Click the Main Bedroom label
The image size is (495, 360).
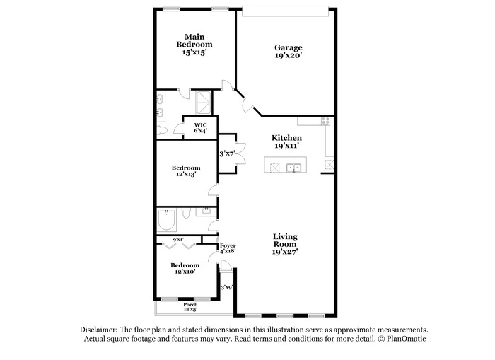(x=194, y=45)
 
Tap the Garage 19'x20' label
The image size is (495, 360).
(x=289, y=52)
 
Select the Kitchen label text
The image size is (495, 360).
(x=286, y=138)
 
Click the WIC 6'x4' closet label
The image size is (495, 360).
(x=200, y=128)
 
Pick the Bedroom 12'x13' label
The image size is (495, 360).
(x=186, y=171)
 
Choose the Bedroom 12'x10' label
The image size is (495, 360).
(x=185, y=268)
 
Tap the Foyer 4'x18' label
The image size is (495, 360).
(x=228, y=248)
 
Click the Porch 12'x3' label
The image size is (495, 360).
(x=190, y=307)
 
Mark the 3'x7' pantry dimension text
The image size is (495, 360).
(x=227, y=153)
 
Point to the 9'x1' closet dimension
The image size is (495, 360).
(x=178, y=240)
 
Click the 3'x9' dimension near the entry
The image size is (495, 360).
(x=227, y=287)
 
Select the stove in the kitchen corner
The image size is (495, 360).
(x=326, y=121)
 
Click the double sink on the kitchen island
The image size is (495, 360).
(x=293, y=168)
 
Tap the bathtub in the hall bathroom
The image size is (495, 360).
(x=166, y=220)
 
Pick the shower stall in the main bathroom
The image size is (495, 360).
(x=204, y=103)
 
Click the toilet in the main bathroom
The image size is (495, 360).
(x=162, y=130)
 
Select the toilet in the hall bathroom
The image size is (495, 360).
(x=185, y=213)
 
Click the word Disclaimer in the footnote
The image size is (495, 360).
(x=99, y=330)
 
